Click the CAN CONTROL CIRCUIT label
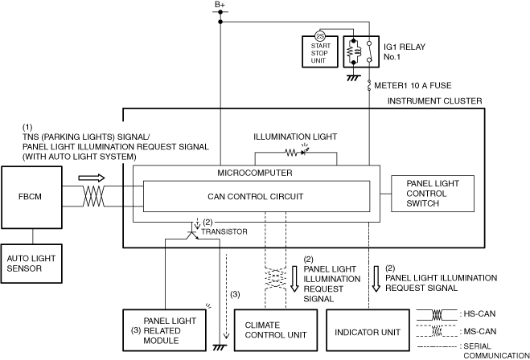pyautogui.click(x=256, y=197)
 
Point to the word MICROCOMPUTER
pyautogui.click(x=255, y=173)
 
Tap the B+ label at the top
pyautogui.click(x=220, y=4)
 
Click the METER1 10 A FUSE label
pyautogui.click(x=413, y=85)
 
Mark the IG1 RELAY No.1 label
pyautogui.click(x=405, y=51)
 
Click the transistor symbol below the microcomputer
pyautogui.click(x=193, y=235)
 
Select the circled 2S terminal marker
pyautogui.click(x=320, y=36)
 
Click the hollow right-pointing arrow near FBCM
pyautogui.click(x=92, y=178)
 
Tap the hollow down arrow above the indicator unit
pyautogui.click(x=376, y=279)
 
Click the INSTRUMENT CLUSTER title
pyautogui.click(x=434, y=101)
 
